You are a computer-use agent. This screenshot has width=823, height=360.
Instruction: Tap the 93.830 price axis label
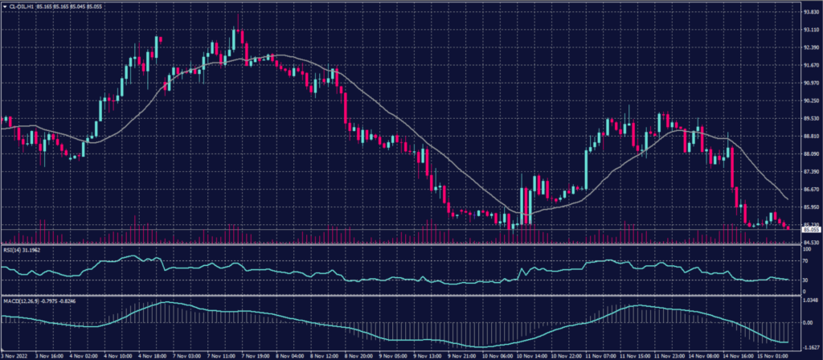pos(809,12)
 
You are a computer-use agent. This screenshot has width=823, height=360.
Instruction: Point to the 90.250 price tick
pos(809,101)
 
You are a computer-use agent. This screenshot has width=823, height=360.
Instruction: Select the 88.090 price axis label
pos(809,154)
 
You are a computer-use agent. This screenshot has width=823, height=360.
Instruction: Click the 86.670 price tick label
pos(809,190)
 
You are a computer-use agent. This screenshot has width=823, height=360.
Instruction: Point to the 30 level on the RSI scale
pos(805,280)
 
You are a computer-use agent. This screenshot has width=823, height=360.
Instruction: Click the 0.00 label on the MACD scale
pos(805,323)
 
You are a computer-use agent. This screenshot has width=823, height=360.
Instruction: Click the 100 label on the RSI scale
pos(805,251)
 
